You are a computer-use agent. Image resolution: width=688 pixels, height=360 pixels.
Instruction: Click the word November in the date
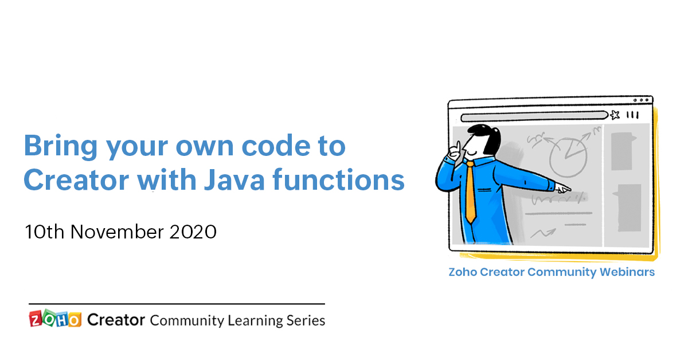tap(119, 232)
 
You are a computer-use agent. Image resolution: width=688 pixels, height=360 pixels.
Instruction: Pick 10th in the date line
tap(44, 232)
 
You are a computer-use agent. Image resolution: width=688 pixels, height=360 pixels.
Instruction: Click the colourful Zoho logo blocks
tap(54, 319)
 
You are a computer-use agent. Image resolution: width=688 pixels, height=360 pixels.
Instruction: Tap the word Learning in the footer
tap(255, 320)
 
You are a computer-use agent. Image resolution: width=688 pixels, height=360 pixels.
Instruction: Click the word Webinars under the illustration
tap(627, 272)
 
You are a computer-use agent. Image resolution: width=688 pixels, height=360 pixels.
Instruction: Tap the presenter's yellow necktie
tap(470, 192)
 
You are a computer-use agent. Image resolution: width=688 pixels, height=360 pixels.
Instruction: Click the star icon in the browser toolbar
tap(615, 115)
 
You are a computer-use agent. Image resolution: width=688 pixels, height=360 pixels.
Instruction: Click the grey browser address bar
tap(534, 115)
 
